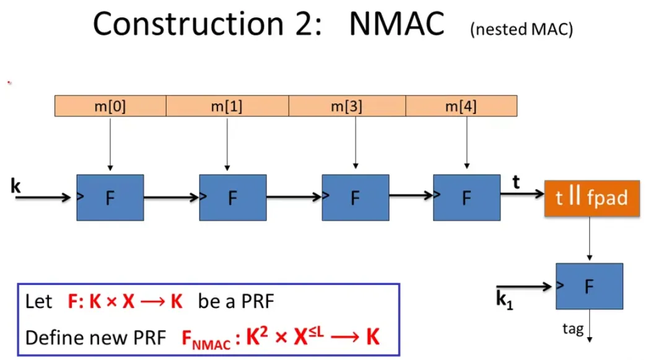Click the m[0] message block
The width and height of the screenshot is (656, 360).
(x=110, y=106)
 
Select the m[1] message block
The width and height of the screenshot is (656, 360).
(x=227, y=106)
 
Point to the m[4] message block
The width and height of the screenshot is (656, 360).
(x=461, y=106)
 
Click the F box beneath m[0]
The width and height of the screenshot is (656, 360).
(x=110, y=198)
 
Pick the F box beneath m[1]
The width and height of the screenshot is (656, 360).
(x=232, y=198)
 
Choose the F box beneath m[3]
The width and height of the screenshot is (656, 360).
(x=355, y=198)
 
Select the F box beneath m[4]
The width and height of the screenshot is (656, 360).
(x=466, y=198)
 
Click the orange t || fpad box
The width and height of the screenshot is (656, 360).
(x=592, y=198)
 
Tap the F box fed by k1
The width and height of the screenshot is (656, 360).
(x=589, y=286)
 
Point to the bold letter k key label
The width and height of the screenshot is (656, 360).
(x=15, y=185)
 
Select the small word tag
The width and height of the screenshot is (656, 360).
(x=572, y=328)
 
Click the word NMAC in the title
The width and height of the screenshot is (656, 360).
(x=397, y=24)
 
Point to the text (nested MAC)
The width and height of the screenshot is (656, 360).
(x=521, y=31)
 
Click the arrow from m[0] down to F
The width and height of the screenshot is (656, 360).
(x=110, y=143)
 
